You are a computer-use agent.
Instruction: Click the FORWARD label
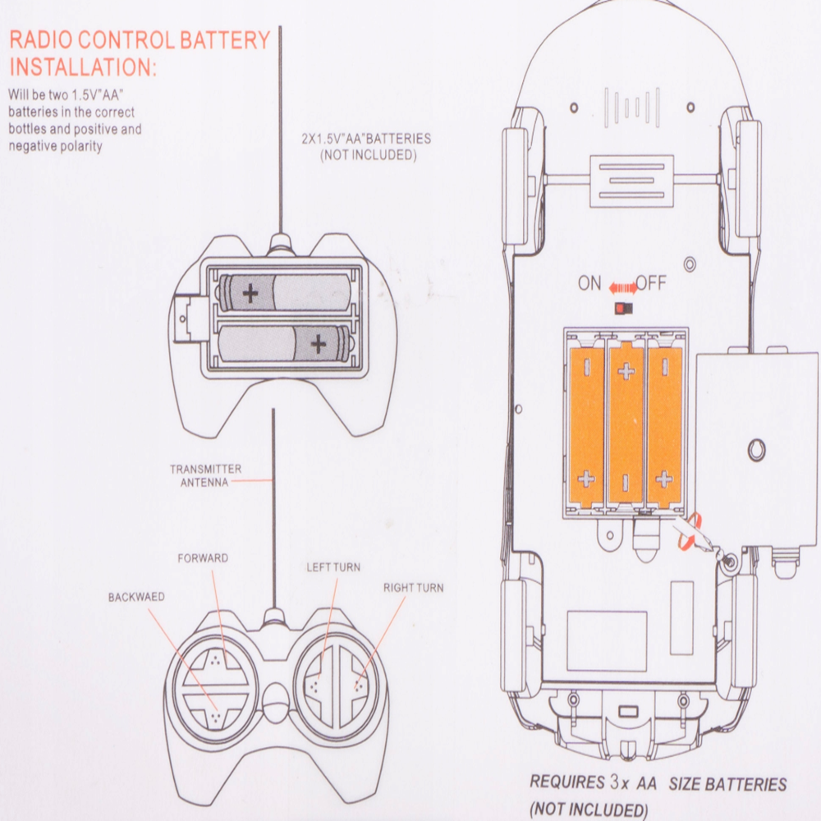click(203, 558)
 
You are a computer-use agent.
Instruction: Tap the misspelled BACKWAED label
click(136, 597)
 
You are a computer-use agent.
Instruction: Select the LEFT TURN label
click(333, 567)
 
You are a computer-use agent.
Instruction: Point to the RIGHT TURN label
click(413, 588)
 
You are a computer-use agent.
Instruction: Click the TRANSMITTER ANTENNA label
click(205, 475)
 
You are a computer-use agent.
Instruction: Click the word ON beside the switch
click(589, 284)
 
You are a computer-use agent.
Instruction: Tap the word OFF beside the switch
click(651, 284)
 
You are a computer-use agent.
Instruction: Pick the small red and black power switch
click(621, 308)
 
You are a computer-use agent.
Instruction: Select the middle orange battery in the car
click(626, 423)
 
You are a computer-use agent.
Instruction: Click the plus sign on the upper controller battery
click(250, 292)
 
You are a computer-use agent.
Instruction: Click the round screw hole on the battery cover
click(756, 449)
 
